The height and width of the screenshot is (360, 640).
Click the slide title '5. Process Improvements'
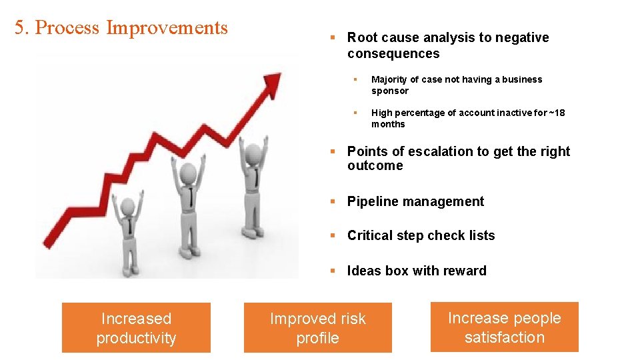tap(121, 28)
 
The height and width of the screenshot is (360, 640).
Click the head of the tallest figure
tap(253, 153)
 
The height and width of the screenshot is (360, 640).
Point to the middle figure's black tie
tap(191, 196)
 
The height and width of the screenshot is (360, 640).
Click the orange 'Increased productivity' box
tap(136, 328)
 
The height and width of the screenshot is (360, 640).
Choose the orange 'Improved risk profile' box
tap(317, 328)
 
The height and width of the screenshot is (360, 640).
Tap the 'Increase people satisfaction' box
tap(504, 327)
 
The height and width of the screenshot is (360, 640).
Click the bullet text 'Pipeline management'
tap(415, 201)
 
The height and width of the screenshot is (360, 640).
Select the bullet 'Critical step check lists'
tap(421, 235)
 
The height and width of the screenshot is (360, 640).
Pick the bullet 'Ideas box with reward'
tap(417, 271)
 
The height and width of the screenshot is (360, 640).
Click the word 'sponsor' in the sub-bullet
tap(389, 91)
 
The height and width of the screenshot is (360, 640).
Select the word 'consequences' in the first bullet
tap(393, 53)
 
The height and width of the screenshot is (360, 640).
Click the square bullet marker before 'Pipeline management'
tap(333, 201)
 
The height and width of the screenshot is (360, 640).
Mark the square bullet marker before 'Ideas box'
tap(333, 271)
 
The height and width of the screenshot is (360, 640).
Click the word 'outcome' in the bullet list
tap(375, 165)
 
